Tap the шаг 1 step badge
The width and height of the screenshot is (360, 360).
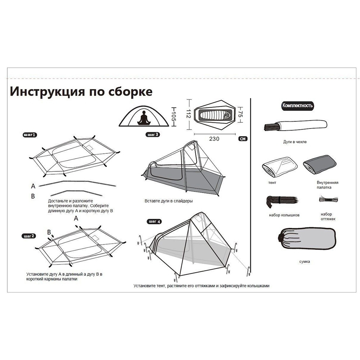pyautogui.click(x=30, y=135)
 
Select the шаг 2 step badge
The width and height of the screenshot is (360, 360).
pyautogui.click(x=28, y=236)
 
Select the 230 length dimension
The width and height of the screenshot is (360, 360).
pyautogui.click(x=214, y=138)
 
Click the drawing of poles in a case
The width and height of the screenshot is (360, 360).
pyautogui.click(x=295, y=126)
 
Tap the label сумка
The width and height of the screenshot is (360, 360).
pyautogui.click(x=304, y=261)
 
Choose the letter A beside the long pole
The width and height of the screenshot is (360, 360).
pyautogui.click(x=33, y=186)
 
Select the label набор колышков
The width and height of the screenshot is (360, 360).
pyautogui.click(x=284, y=215)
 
